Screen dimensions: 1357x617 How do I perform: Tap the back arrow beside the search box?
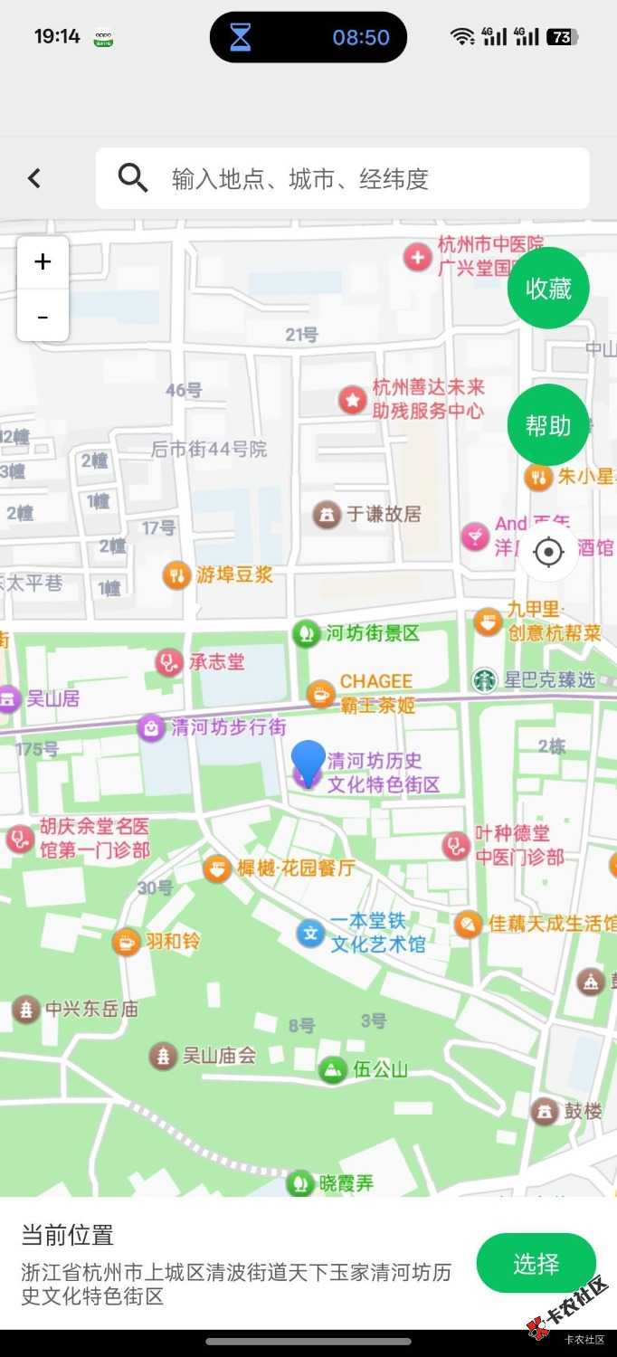pyautogui.click(x=34, y=178)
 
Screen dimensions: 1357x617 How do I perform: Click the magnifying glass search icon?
pyautogui.click(x=133, y=178)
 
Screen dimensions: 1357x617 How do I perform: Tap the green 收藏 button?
pyautogui.click(x=548, y=288)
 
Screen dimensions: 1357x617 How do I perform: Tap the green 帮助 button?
pyautogui.click(x=548, y=424)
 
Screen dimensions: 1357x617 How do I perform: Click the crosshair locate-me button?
pyautogui.click(x=548, y=551)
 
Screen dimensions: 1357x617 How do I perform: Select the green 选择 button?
pyautogui.click(x=536, y=1263)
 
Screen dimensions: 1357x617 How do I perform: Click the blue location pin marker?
pyautogui.click(x=308, y=762)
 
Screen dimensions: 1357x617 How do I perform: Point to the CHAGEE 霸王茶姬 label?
pyautogui.click(x=376, y=693)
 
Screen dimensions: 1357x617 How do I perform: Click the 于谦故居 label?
pyautogui.click(x=384, y=514)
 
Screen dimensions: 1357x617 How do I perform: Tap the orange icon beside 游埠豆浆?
pyautogui.click(x=176, y=574)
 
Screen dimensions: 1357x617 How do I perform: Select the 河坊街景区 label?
pyautogui.click(x=373, y=633)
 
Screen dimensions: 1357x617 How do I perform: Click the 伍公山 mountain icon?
pyautogui.click(x=333, y=1070)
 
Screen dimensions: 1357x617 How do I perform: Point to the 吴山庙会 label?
pyautogui.click(x=219, y=1055)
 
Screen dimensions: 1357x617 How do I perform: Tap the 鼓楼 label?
pyautogui.click(x=583, y=1111)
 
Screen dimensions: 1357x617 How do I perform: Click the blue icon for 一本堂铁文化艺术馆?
pyautogui.click(x=310, y=933)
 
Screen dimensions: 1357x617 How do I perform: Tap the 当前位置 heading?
pyautogui.click(x=68, y=1235)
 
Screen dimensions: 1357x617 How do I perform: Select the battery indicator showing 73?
pyautogui.click(x=562, y=37)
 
